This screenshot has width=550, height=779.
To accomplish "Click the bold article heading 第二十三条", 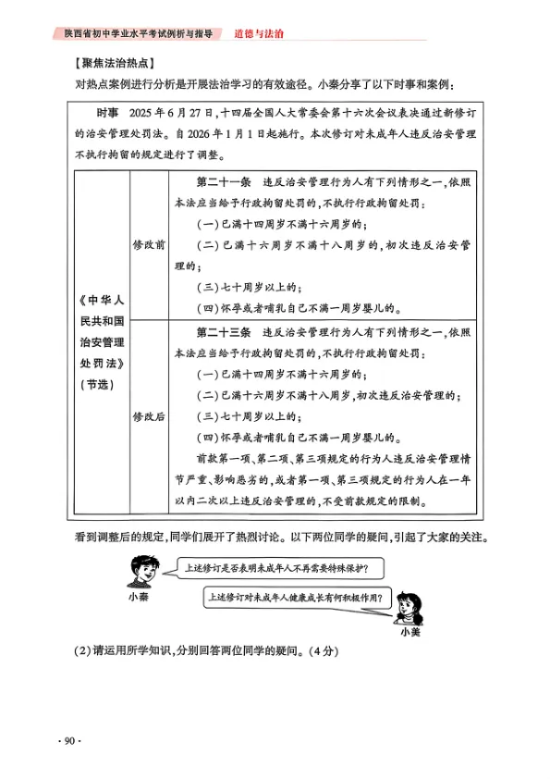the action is pos(222,330).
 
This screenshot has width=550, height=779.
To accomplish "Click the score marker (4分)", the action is pos(328,653).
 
